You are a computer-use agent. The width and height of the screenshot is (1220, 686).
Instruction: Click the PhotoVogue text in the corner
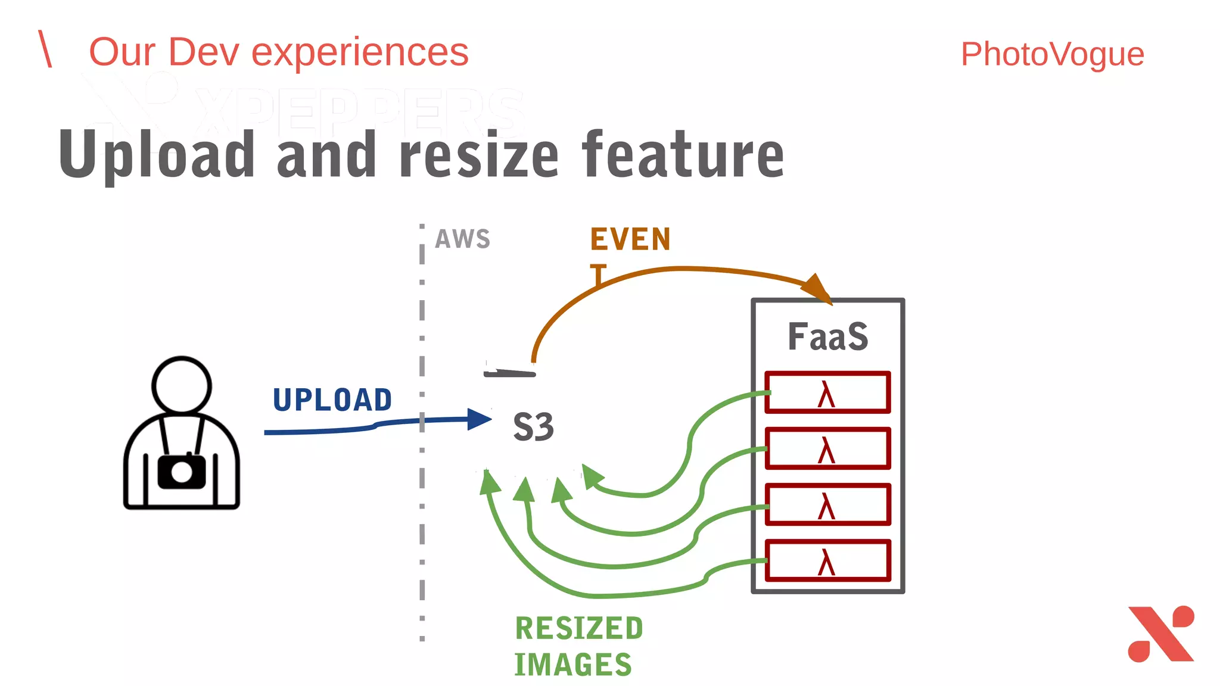[x=1052, y=54]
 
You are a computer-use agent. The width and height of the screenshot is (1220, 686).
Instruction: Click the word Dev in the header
[x=204, y=52]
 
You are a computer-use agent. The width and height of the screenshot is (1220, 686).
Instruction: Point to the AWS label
[x=462, y=239]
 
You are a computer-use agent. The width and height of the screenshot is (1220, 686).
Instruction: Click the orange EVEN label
[x=630, y=239]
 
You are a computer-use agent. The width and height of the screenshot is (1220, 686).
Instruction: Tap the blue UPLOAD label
[x=332, y=400]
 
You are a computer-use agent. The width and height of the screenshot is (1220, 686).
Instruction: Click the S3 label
[x=533, y=427]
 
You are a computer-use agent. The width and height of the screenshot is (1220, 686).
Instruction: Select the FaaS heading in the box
[x=827, y=336]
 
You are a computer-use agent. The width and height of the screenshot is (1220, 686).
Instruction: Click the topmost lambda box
[x=827, y=392]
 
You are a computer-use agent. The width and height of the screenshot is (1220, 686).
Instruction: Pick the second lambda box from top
[x=827, y=448]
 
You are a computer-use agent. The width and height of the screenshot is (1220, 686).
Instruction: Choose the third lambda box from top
[x=827, y=504]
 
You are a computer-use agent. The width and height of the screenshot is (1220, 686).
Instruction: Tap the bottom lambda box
[x=827, y=560]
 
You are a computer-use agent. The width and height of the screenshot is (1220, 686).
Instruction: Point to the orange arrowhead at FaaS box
[x=818, y=288]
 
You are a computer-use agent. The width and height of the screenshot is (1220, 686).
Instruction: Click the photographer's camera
[x=182, y=472]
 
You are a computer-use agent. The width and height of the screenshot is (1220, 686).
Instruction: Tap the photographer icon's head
[x=182, y=385]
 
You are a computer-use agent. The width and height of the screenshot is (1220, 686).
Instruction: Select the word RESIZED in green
[x=579, y=629]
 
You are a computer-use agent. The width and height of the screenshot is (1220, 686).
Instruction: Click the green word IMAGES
[x=572, y=665]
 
